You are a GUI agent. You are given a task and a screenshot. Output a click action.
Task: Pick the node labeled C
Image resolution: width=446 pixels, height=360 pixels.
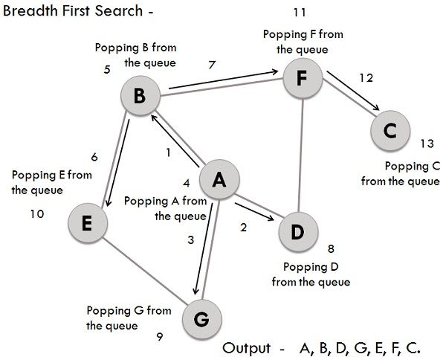click(x=390, y=131)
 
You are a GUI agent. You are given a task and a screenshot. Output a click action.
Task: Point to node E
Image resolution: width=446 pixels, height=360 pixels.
click(x=87, y=223)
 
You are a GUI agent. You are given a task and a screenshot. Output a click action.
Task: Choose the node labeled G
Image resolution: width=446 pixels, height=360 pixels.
click(x=201, y=318)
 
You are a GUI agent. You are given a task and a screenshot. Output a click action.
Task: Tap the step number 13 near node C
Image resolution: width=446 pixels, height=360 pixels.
click(x=427, y=144)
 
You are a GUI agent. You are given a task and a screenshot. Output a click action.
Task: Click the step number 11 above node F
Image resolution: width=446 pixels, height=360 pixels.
click(x=300, y=13)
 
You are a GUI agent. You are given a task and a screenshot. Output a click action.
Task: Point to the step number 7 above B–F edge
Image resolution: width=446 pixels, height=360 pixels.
click(x=213, y=65)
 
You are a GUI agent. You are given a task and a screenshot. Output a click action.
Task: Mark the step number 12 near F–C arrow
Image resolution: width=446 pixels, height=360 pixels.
click(x=364, y=78)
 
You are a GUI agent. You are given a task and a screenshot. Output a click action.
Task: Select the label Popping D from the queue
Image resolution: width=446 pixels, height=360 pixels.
click(x=311, y=274)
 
